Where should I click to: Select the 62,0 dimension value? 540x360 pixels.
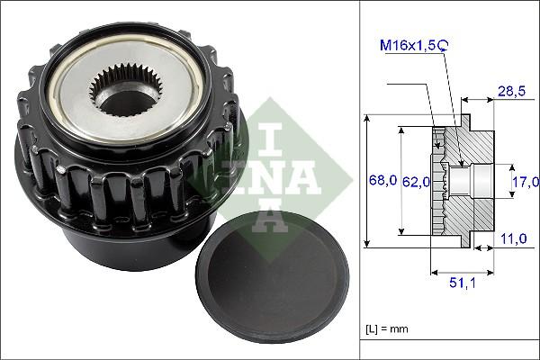(415, 182)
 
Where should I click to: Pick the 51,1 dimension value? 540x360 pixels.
(463, 284)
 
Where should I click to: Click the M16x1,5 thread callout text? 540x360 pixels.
(410, 44)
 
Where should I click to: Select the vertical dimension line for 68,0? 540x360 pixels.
(368, 180)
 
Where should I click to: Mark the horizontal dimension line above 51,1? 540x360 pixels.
(463, 271)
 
